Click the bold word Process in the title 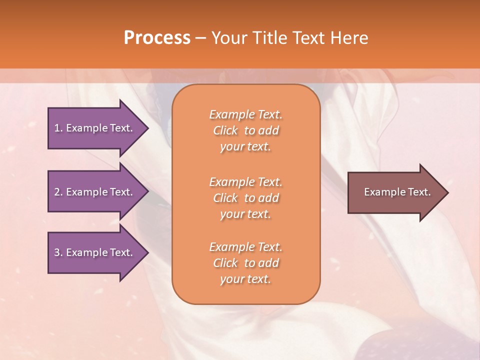pyautogui.click(x=157, y=38)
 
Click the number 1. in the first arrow pyautogui.click(x=58, y=128)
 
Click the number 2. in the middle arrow pyautogui.click(x=58, y=192)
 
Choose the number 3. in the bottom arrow pyautogui.click(x=58, y=252)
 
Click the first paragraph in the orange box pyautogui.click(x=245, y=130)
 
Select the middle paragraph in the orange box pyautogui.click(x=245, y=198)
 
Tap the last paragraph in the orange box pyautogui.click(x=245, y=263)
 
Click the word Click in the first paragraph pyautogui.click(x=225, y=130)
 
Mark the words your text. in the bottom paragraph pyautogui.click(x=245, y=279)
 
